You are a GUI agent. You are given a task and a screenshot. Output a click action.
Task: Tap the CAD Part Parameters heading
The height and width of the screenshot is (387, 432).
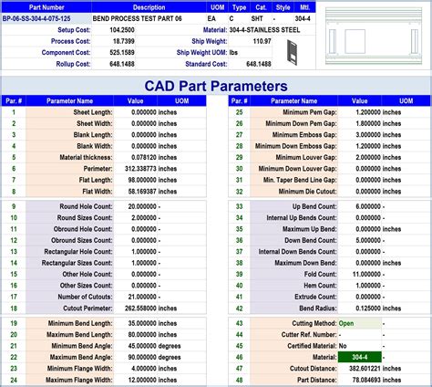coord(215,86)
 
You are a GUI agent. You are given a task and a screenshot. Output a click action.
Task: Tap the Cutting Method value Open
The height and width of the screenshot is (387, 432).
coord(346,323)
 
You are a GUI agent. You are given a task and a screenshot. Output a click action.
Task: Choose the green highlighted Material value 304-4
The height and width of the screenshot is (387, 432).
coord(360,357)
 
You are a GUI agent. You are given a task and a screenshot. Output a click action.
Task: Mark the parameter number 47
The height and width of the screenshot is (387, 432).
coord(239,369)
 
